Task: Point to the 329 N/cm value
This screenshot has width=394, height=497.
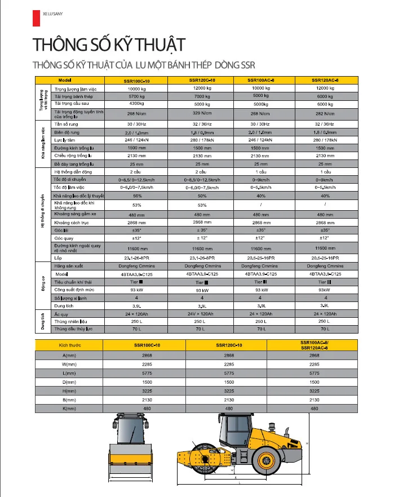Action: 202,113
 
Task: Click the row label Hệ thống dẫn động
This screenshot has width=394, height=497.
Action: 73,171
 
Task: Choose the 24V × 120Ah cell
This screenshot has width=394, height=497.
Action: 202,313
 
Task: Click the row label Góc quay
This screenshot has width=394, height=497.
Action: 63,238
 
